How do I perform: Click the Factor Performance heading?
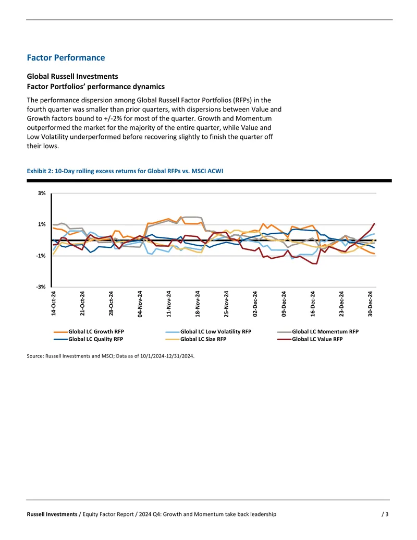66,57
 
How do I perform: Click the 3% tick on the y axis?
42,193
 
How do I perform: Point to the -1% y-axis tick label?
41,256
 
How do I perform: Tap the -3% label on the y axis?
41,286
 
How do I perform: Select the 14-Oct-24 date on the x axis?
53,304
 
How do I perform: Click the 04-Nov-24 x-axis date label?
140,304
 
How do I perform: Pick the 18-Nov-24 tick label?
198,304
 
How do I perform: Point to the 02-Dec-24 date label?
255,304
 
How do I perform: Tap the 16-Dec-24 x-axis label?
312,304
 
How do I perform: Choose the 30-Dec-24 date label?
370,304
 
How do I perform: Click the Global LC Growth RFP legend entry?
89,332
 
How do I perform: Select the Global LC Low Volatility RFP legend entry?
208,332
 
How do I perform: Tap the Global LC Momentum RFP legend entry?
318,332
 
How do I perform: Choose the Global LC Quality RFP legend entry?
89,339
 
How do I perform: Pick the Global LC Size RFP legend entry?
196,339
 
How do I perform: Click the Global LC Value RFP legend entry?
310,339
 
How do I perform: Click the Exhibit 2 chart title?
125,171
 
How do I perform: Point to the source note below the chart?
111,356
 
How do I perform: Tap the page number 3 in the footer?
385,514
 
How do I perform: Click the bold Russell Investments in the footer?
52,514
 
